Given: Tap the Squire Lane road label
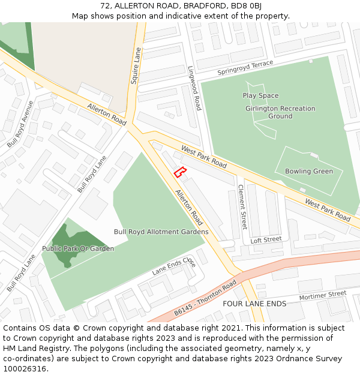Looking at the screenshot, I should click(x=136, y=65).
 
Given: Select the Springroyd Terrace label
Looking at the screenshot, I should click(x=245, y=67).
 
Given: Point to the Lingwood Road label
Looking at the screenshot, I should click(x=194, y=88).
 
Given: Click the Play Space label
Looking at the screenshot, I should click(x=260, y=95).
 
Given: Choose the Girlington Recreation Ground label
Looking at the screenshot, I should click(x=280, y=112).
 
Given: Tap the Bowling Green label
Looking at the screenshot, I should click(x=308, y=171).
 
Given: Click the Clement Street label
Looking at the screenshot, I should click(x=242, y=207).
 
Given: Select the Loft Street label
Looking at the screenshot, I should click(x=265, y=240).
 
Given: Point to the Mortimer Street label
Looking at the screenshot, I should click(x=323, y=296).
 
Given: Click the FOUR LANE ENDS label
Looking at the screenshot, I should click(x=254, y=304).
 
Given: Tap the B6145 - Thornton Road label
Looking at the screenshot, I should click(x=205, y=299).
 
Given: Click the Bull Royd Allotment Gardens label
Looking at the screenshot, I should click(x=161, y=232).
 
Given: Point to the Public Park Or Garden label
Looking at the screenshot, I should click(x=78, y=248).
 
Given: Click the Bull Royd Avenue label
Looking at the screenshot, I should click(x=20, y=124).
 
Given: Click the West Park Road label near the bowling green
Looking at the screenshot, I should click(x=328, y=209).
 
